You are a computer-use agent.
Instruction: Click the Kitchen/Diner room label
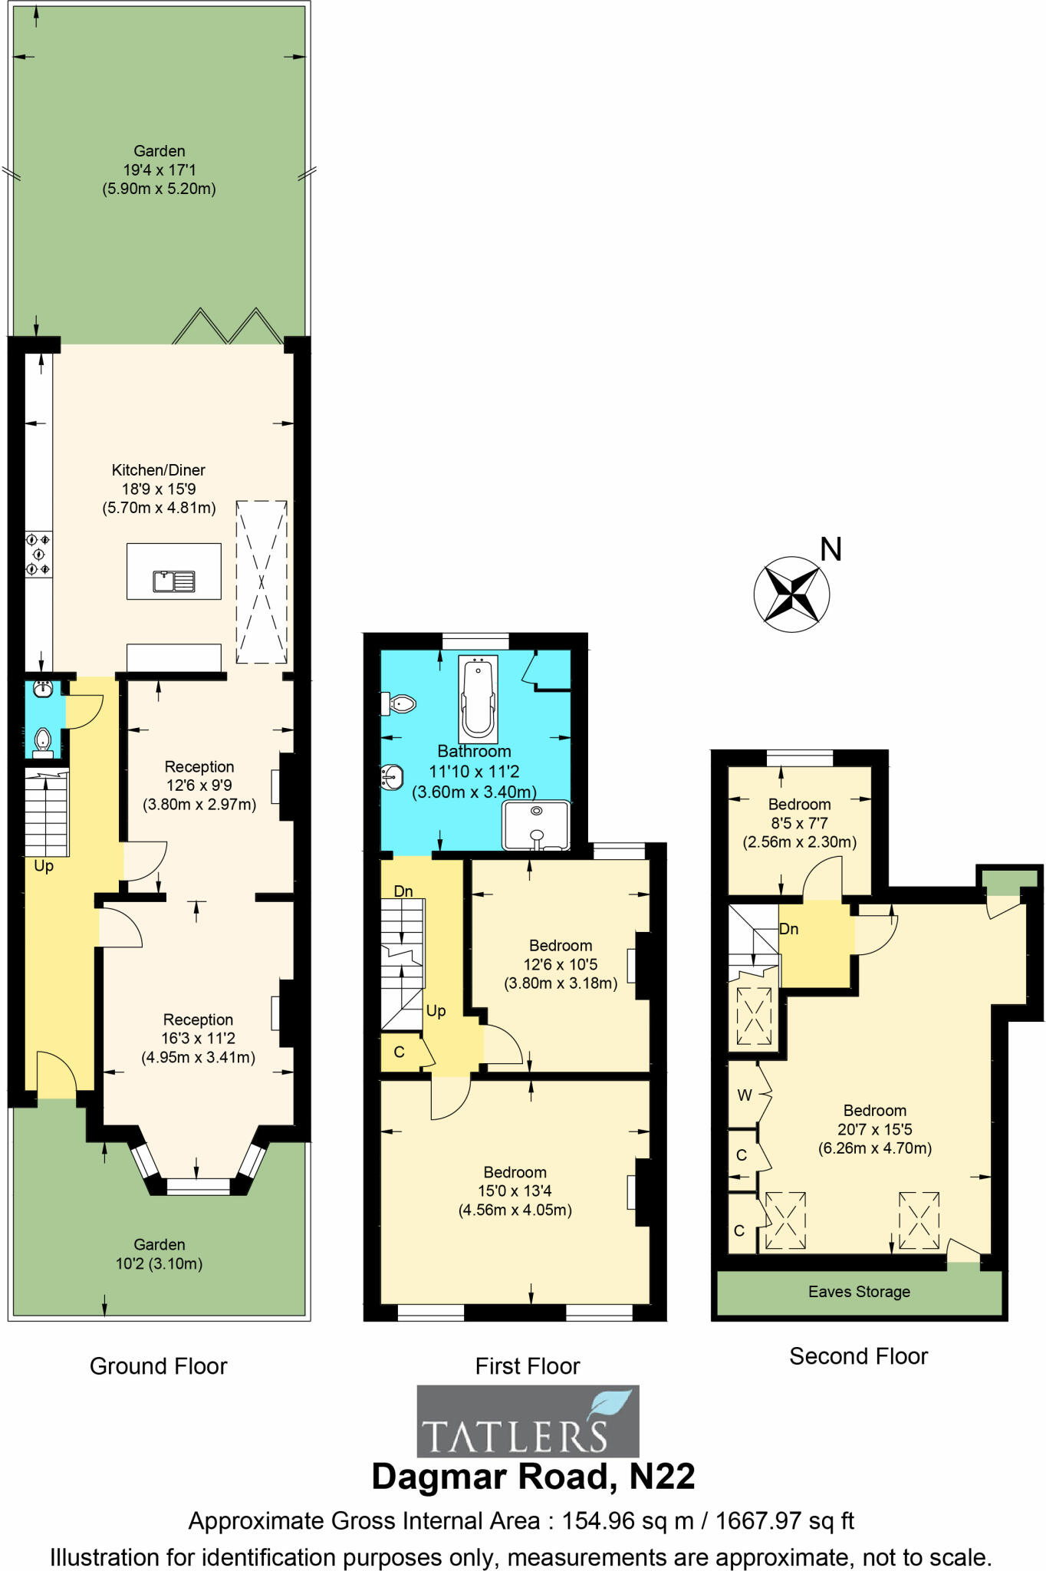[x=159, y=470]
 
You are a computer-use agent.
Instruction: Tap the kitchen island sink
[x=174, y=581]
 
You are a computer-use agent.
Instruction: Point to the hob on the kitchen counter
[x=39, y=555]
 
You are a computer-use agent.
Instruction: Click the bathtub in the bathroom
[x=478, y=696]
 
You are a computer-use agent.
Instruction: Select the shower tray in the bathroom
[x=536, y=825]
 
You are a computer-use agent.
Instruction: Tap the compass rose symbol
[x=791, y=594]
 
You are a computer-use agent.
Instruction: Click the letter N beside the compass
[x=831, y=549]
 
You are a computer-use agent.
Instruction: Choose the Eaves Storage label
[x=859, y=1292]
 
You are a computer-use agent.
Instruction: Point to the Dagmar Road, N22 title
[x=533, y=1477]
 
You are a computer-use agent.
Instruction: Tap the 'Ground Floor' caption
[x=159, y=1366]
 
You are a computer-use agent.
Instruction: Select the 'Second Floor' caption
[x=858, y=1356]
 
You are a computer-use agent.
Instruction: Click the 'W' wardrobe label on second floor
[x=744, y=1095]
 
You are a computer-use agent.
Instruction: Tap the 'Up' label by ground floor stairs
[x=44, y=866]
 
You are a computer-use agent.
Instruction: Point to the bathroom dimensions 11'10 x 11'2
[x=474, y=772]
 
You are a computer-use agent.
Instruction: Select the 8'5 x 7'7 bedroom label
[x=799, y=823]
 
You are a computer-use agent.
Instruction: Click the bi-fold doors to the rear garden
[x=228, y=327]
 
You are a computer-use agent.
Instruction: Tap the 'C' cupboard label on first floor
[x=399, y=1052]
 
